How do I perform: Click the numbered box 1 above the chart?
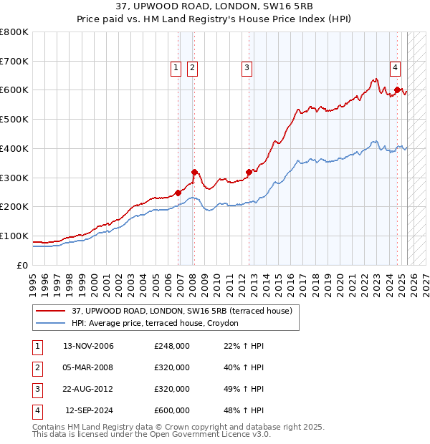pos(176,68)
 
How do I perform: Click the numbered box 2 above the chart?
pos(193,68)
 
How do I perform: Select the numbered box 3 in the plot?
pos(247,68)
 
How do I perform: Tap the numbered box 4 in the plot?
pos(395,68)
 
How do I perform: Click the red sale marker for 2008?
pos(194,171)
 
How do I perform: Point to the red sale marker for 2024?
pos(397,90)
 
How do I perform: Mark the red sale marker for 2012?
pos(249,171)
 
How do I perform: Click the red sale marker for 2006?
pos(178,192)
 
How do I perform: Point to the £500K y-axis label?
pos(14,120)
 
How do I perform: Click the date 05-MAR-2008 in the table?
pos(89,367)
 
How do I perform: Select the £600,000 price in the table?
pos(172,410)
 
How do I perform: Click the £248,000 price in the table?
pos(172,346)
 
